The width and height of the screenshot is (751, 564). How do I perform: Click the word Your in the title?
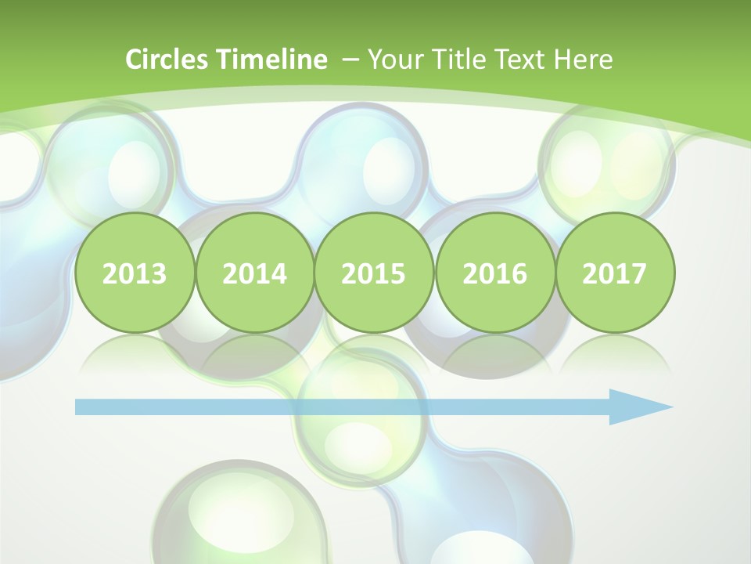pos(392,60)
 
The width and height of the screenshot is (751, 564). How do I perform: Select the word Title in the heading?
pos(455,60)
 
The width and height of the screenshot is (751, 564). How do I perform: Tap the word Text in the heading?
pos(519,60)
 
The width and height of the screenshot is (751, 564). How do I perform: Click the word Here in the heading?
pos(584,60)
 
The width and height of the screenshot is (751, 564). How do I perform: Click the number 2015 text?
pos(374,274)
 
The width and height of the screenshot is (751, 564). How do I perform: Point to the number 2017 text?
pos(614,274)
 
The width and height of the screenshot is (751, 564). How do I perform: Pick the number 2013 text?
pos(135,274)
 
